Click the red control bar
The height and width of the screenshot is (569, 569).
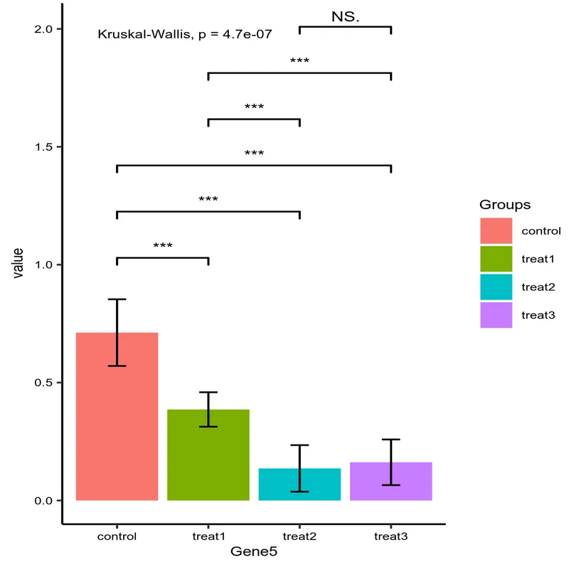117,427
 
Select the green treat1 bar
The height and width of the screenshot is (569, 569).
208,459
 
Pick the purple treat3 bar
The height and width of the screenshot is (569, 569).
391,482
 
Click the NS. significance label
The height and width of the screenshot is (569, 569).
346,16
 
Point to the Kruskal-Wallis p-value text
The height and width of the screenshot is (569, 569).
185,33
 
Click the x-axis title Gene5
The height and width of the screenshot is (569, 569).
254,551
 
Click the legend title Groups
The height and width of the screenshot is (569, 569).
505,205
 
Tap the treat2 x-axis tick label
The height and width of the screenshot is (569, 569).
299,536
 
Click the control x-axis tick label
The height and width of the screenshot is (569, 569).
117,536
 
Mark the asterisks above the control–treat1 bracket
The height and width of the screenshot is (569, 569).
163,247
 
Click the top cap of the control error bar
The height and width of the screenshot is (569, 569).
117,299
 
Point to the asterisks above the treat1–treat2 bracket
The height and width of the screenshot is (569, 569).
254,108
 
